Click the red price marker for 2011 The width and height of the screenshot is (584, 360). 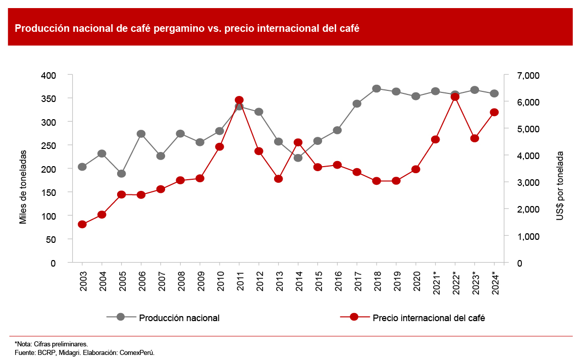point(239,100)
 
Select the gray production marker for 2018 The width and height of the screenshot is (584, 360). point(377,89)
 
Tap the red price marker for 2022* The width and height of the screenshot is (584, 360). point(455,97)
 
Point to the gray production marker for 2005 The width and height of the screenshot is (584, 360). point(122,174)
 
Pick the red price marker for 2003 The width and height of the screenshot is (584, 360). point(82,224)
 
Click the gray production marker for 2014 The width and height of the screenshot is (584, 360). point(298,158)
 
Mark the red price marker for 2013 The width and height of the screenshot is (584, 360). point(278,179)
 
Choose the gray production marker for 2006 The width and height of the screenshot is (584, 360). point(141,134)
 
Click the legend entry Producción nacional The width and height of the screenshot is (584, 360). point(179,318)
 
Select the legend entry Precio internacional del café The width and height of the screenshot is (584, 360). point(429,318)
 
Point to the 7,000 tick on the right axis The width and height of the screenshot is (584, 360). point(528,75)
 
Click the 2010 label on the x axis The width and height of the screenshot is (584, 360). point(220,278)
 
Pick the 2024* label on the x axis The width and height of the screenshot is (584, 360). point(495,279)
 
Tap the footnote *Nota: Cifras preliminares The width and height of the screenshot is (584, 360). point(51,344)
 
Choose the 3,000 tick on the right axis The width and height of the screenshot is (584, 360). point(528,182)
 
